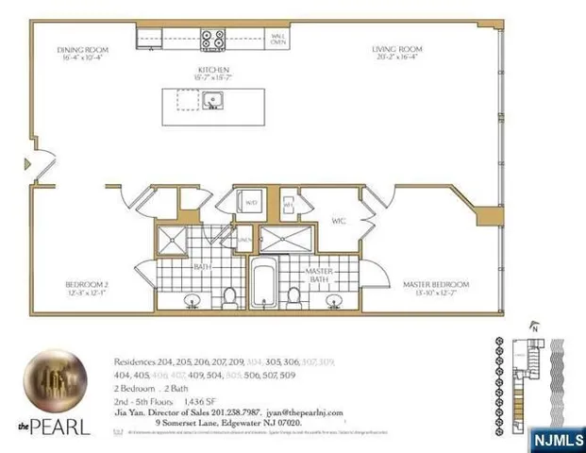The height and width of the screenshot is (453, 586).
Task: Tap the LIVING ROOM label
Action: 396,49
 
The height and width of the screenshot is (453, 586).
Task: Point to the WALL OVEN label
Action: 279,39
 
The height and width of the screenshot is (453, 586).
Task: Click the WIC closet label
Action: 338,224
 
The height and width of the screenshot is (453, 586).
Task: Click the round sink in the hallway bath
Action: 193,303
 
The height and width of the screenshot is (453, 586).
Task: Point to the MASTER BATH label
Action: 316,275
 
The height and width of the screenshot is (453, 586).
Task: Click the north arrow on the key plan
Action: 535,328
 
